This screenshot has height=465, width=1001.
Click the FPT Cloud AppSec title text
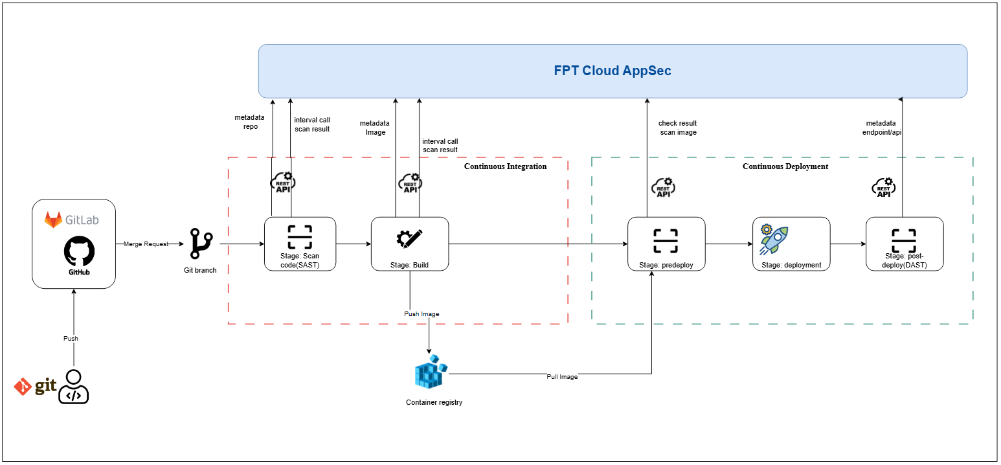[x=612, y=71]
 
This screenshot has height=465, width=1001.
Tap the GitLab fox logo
[x=53, y=220]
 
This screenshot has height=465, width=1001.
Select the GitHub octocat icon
[x=79, y=251]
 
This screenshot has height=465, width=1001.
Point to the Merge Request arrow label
[x=146, y=244]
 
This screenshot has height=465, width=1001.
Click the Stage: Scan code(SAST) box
[x=300, y=244]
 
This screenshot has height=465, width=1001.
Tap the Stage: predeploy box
[x=666, y=244]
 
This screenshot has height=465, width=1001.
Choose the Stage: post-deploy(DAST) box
[x=904, y=244]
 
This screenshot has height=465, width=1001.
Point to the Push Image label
[x=422, y=314]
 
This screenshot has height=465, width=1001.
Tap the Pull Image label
[x=562, y=376]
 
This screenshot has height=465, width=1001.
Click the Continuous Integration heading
[x=505, y=166]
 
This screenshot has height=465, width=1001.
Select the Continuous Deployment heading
[x=785, y=166]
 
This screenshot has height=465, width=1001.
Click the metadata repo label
[x=246, y=122]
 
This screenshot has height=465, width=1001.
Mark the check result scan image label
[x=677, y=128]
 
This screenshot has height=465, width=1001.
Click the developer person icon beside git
[x=74, y=387]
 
